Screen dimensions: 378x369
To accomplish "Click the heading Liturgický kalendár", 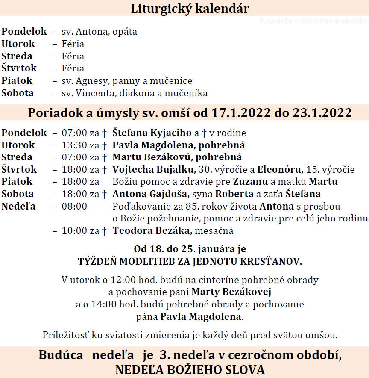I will [x=190, y=9].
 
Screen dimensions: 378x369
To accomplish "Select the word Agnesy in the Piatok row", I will [x=93, y=81].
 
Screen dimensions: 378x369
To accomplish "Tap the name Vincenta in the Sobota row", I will [x=97, y=93].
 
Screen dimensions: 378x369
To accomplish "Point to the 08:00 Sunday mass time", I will [x=74, y=207].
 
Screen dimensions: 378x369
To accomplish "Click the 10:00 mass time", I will [x=73, y=231].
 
